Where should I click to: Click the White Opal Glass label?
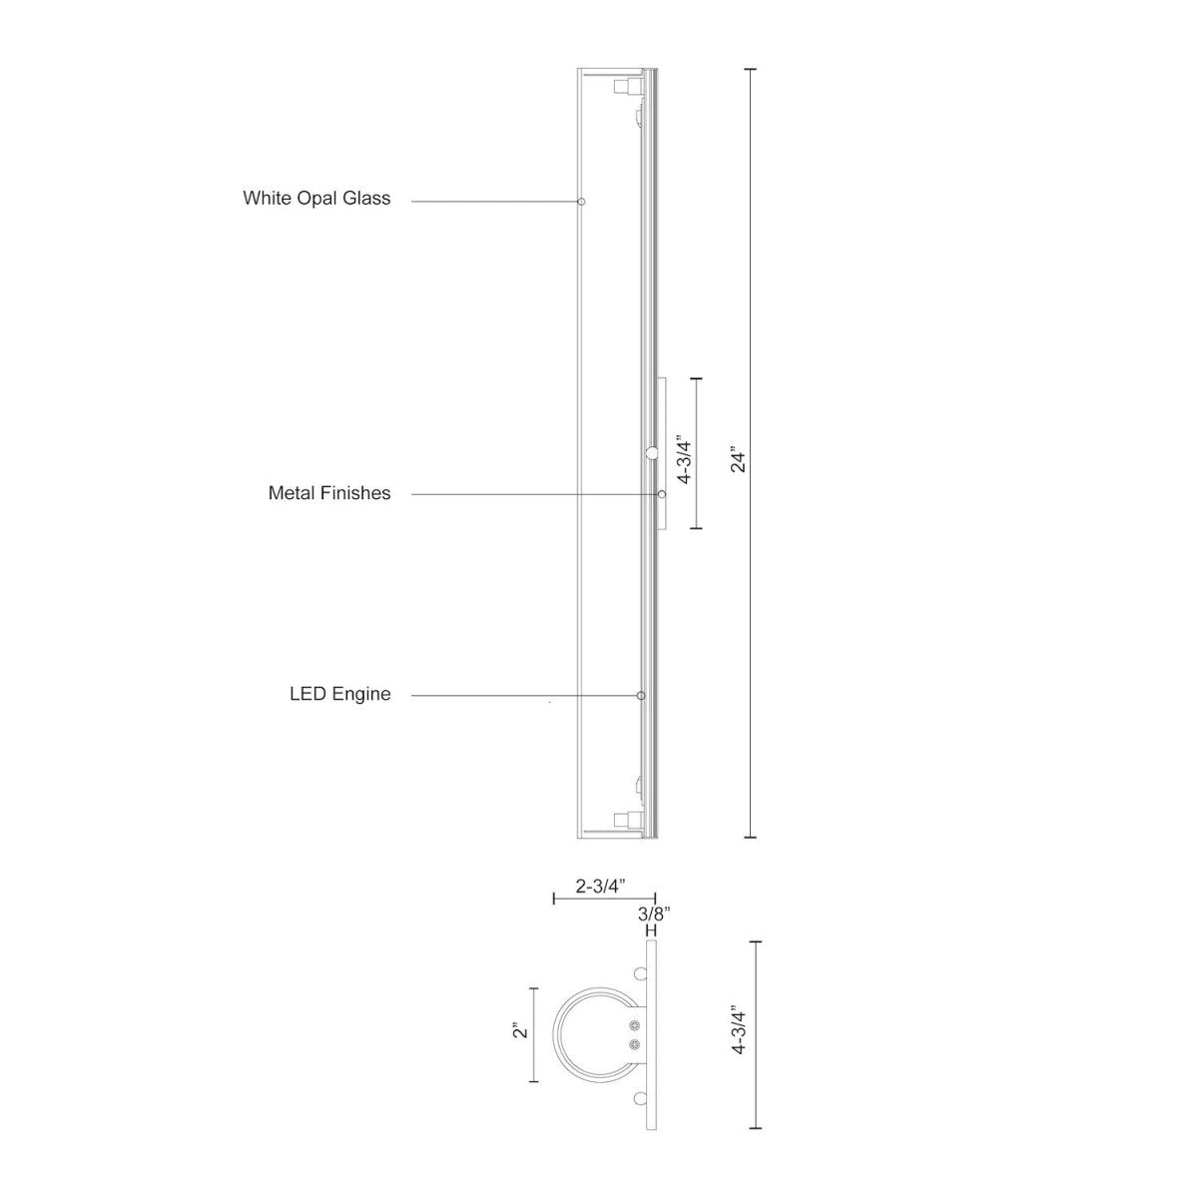tap(316, 199)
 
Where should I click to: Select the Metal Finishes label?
tap(329, 493)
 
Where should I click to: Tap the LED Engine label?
tap(340, 694)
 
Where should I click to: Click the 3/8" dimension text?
tap(654, 912)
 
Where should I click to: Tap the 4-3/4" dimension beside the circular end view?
tap(739, 1030)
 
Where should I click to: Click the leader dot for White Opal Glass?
tap(581, 202)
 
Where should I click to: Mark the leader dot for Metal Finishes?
tap(661, 494)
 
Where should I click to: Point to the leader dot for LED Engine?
tap(641, 695)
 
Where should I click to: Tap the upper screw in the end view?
tap(636, 1026)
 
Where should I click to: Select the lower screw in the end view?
tap(636, 1044)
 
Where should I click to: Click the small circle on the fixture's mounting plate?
tap(652, 454)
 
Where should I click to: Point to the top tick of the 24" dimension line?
tap(751, 70)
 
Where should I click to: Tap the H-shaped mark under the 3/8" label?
tap(651, 930)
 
